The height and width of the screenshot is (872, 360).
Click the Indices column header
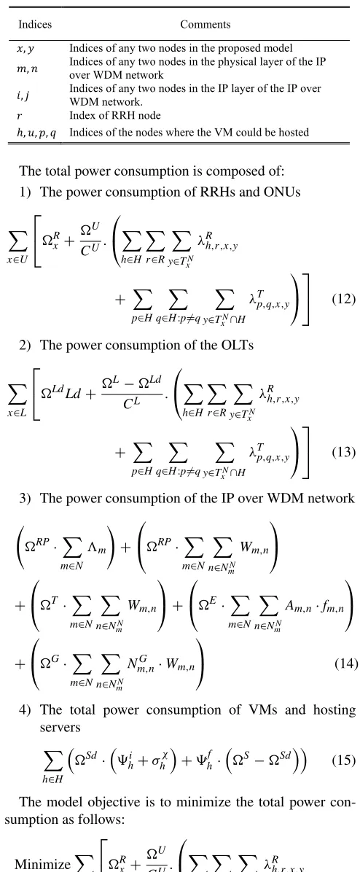coord(35,24)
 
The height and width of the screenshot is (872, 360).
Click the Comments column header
coord(205,24)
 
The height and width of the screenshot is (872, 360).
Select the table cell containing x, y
coord(26,49)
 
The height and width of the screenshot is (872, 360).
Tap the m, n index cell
coord(27,67)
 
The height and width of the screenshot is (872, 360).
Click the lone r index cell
coord(20,116)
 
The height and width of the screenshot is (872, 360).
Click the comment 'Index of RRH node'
coord(115,116)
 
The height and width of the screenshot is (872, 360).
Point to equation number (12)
coord(343,299)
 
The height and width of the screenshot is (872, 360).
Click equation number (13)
coord(343,452)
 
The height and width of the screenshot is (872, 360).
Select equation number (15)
coord(343,760)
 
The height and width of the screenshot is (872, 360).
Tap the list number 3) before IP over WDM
coord(25,499)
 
